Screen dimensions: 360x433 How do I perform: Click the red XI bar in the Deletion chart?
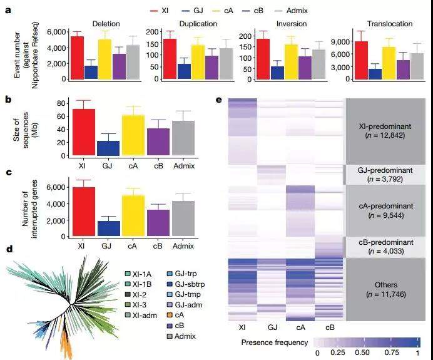(77, 58)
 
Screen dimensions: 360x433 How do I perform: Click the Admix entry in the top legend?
(320, 11)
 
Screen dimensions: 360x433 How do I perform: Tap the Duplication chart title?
(176, 24)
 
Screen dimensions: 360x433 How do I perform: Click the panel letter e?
(218, 99)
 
